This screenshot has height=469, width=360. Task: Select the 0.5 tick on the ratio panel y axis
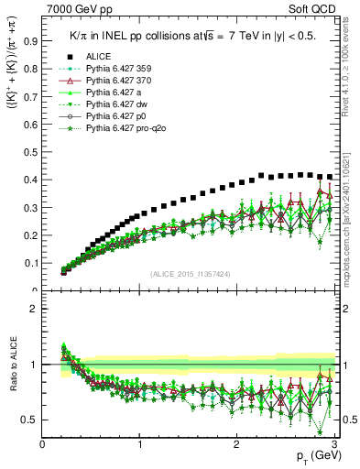click(x=30, y=420)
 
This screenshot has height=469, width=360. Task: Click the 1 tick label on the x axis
click(x=139, y=444)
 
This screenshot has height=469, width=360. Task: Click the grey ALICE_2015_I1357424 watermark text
click(x=189, y=274)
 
